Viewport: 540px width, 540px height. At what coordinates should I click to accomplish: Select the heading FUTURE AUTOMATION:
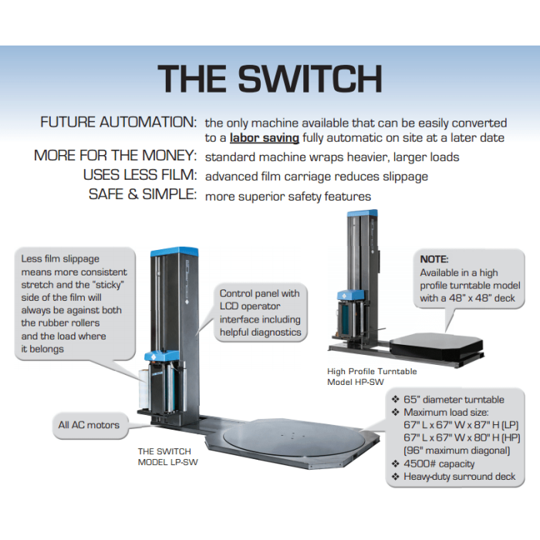click(x=118, y=123)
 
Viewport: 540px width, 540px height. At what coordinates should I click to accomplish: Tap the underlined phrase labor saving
click(x=265, y=138)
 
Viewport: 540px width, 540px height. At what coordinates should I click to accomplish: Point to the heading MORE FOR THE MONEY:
click(x=116, y=157)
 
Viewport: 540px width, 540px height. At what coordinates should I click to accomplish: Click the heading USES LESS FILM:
click(x=140, y=176)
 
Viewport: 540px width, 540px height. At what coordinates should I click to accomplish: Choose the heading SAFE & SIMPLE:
click(x=143, y=195)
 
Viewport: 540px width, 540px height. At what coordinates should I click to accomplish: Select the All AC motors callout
click(x=89, y=424)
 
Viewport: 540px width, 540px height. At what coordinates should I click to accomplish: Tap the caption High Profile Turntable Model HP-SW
click(x=372, y=376)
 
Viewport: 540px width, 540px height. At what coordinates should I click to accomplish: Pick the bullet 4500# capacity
click(x=439, y=464)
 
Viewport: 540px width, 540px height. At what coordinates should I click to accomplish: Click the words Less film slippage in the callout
click(x=61, y=258)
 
